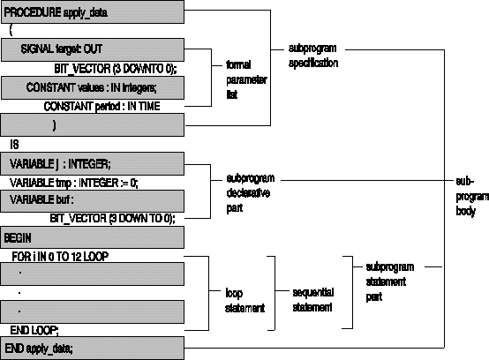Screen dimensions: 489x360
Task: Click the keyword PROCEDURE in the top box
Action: (x=33, y=12)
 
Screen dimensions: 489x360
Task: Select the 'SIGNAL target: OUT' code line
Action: (x=62, y=49)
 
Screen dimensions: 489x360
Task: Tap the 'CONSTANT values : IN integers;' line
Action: (x=91, y=87)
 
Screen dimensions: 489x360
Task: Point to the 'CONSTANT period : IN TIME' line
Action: (x=102, y=107)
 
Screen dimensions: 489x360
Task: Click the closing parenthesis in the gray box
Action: (x=54, y=125)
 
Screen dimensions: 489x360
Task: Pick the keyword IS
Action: (x=14, y=145)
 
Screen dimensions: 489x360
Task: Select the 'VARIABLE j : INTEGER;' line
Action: (x=60, y=164)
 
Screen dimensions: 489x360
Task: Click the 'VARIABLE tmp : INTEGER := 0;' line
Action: (x=73, y=183)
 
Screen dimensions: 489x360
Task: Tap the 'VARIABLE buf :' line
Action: (x=41, y=199)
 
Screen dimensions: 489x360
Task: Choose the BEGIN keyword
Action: (x=18, y=238)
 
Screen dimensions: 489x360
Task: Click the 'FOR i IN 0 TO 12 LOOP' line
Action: (x=60, y=257)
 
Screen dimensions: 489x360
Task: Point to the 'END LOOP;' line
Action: (x=34, y=330)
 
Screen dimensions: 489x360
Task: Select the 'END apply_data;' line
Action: (x=39, y=349)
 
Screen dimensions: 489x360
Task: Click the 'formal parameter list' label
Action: (x=246, y=79)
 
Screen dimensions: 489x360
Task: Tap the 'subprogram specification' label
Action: (x=313, y=56)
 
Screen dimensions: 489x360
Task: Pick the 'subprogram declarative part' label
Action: (x=251, y=193)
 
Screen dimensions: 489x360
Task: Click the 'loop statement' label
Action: (x=244, y=301)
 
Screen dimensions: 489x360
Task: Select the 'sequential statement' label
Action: (x=312, y=300)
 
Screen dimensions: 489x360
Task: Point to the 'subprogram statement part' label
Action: (x=390, y=282)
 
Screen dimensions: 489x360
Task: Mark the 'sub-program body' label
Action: (x=472, y=197)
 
